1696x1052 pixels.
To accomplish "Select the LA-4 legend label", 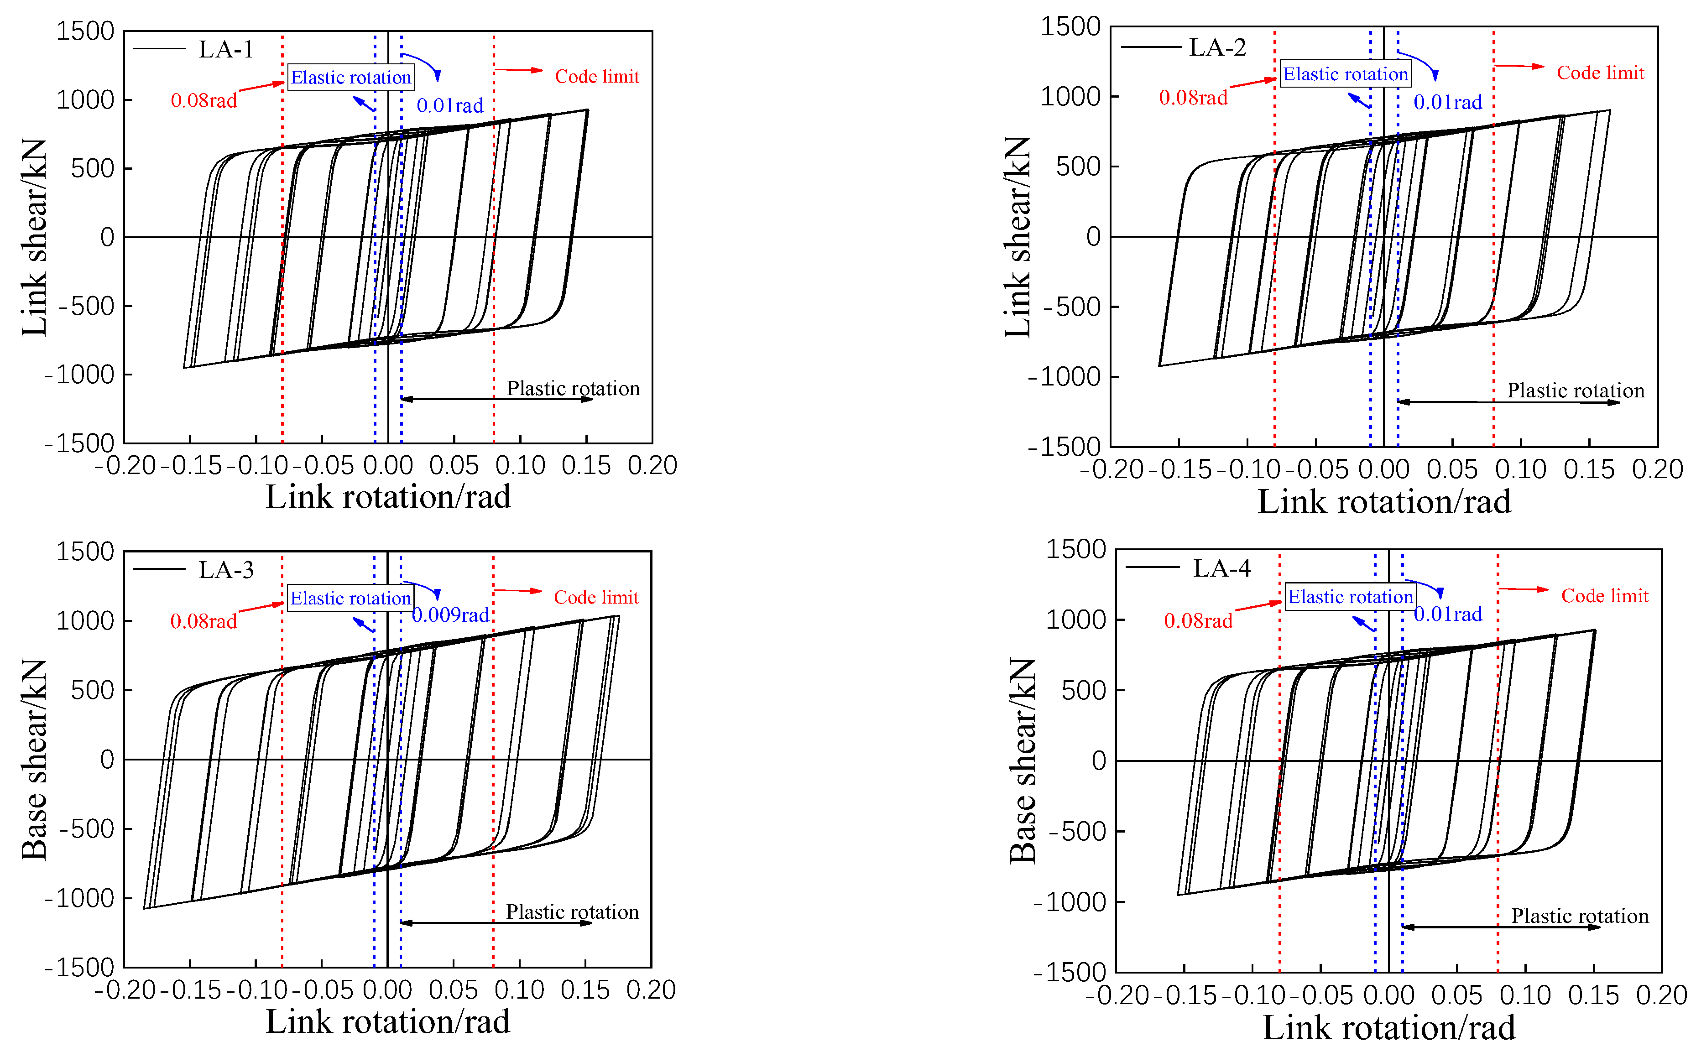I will [x=1221, y=568].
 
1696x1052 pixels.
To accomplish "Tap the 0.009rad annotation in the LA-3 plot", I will [x=450, y=615].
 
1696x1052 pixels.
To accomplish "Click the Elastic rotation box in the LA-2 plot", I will [x=1345, y=74].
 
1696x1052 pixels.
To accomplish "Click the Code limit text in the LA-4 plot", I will [x=1604, y=596].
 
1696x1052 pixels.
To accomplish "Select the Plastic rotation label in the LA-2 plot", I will [x=1575, y=391].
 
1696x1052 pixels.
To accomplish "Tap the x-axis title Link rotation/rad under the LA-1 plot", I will [x=388, y=497].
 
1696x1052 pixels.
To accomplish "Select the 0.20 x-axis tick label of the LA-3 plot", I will [x=650, y=990].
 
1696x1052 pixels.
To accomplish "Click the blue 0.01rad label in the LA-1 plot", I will [x=449, y=106].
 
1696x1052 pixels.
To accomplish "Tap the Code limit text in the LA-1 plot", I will [x=596, y=77].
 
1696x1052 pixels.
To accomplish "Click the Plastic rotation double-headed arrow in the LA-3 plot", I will [x=496, y=923].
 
